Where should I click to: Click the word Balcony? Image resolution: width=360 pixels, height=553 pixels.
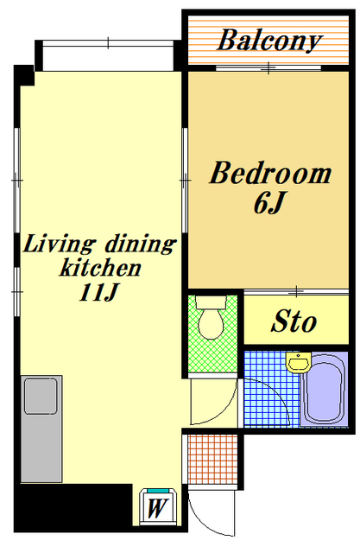269,41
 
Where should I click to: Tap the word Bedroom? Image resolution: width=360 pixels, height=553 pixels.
270,173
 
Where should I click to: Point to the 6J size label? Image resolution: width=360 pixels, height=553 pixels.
268,202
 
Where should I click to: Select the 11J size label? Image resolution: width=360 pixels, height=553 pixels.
98,292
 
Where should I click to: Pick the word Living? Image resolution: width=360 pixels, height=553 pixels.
59,244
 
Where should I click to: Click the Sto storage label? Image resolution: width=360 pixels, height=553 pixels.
294,321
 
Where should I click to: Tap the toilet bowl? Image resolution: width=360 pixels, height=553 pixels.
211,324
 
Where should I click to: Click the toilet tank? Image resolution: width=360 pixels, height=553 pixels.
211,302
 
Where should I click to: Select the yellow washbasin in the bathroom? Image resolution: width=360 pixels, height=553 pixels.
299,362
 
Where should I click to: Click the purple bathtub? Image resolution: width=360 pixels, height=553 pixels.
324,389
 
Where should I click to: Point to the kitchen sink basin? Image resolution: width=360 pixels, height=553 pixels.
41,396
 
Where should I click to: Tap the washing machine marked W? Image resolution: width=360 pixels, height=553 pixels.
157,507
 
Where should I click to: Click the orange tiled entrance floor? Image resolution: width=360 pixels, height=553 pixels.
212,459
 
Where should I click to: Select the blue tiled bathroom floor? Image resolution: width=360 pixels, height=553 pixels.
271,389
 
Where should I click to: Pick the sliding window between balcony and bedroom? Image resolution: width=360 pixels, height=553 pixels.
268,67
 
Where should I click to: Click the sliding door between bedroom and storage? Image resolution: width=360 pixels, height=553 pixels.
296,292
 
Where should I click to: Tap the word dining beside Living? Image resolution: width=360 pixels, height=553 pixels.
140,244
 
